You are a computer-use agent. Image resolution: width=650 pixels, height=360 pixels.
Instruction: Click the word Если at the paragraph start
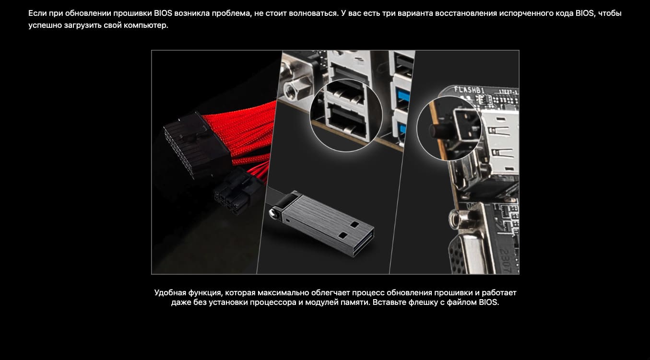38,13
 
